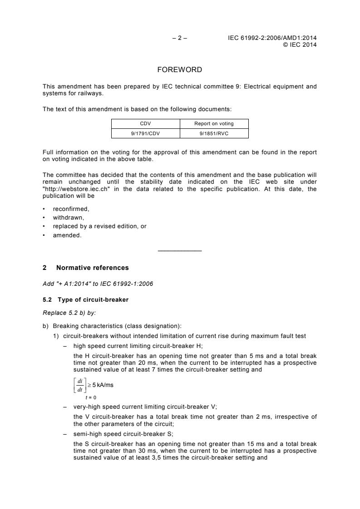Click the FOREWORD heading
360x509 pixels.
[180, 70]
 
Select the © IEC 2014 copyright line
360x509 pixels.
[300, 44]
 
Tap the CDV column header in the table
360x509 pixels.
[146, 123]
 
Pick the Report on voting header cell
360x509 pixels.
[214, 123]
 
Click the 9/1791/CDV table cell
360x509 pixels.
[146, 133]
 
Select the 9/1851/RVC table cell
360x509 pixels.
[214, 133]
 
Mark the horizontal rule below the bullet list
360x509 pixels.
[180, 251]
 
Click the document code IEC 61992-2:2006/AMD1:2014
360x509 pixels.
[272, 38]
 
